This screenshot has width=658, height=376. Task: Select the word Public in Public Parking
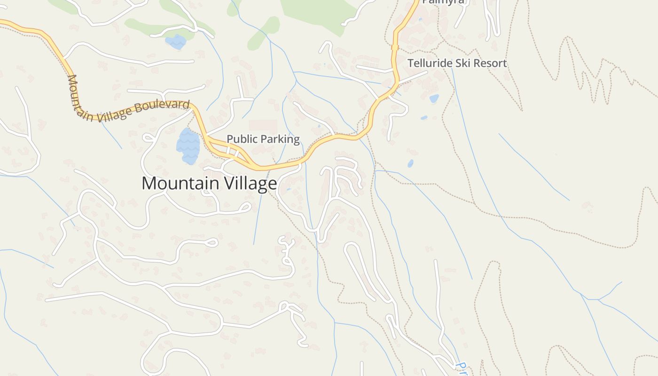pos(241,139)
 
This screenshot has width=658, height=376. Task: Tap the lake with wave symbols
pos(188,146)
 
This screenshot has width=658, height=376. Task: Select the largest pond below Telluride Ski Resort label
pos(434,98)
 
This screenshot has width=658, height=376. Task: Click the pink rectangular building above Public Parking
pos(263,125)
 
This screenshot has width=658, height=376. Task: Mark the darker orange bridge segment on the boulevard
pos(395,47)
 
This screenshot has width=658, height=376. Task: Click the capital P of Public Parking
pos(230,139)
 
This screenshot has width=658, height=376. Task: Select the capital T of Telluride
pos(410,63)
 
